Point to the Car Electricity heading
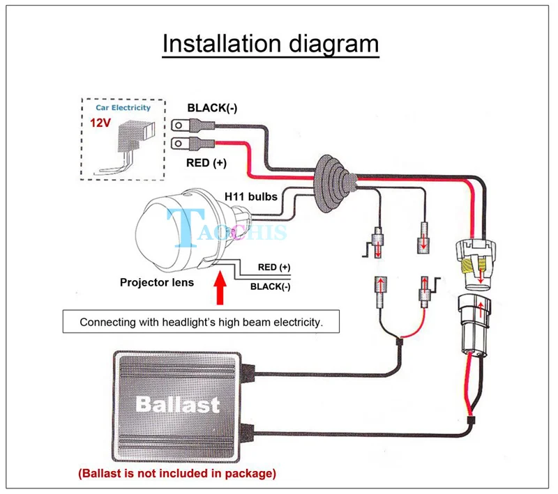123,108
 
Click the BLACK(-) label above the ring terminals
211,108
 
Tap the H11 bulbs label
251,196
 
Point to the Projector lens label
156,282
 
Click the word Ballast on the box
178,404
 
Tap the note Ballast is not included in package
176,474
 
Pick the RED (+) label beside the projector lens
274,267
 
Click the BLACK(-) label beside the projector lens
271,286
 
